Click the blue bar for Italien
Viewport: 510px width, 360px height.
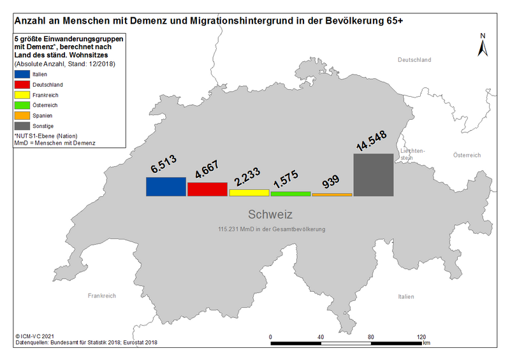tap(166, 187)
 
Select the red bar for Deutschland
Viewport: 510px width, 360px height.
tap(208, 189)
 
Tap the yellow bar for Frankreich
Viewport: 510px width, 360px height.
tap(249, 193)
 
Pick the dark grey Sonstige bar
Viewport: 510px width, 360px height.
tap(374, 175)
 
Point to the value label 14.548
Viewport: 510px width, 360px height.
tap(372, 140)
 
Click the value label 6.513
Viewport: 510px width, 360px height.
tap(164, 164)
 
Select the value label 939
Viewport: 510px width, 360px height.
tap(330, 182)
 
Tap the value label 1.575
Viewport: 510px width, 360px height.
tap(286, 179)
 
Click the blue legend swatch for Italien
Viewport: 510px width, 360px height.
tap(22, 74)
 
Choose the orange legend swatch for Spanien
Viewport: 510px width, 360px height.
tap(22, 115)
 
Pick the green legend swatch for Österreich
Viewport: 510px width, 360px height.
tap(22, 105)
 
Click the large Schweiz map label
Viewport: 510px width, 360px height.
tap(270, 214)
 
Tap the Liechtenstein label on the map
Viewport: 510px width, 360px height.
tap(412, 154)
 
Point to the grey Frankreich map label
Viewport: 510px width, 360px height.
tap(102, 296)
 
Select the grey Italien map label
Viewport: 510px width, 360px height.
tap(406, 296)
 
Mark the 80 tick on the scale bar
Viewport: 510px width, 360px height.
tap(371, 337)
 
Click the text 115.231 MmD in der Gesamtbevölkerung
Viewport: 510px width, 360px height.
tap(272, 229)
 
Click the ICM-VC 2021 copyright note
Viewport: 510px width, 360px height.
tap(34, 336)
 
